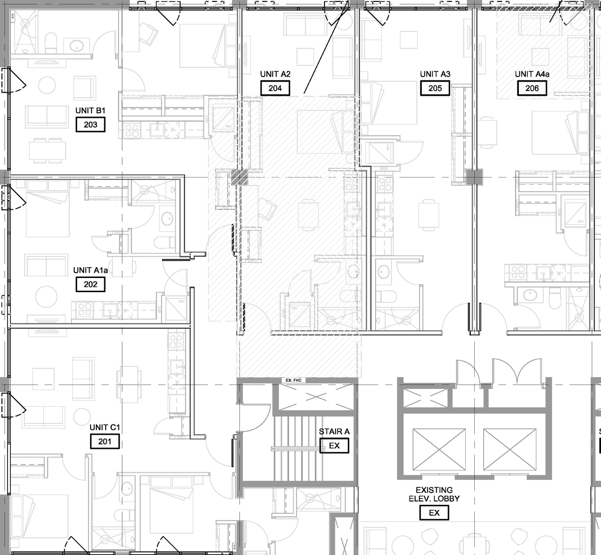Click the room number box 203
click(91, 124)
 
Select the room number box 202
click(91, 284)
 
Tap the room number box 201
click(105, 441)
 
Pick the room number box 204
click(275, 88)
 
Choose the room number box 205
click(435, 88)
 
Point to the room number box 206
click(532, 88)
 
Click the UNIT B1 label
click(91, 111)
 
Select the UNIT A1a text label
click(91, 270)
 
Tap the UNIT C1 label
click(105, 427)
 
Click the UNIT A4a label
click(532, 74)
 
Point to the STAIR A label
click(334, 432)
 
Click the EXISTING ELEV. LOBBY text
click(434, 494)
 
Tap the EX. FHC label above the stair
click(293, 380)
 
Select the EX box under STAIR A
click(334, 446)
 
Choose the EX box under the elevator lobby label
click(434, 513)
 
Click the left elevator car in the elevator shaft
click(439, 449)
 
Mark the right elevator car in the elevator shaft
click(509, 449)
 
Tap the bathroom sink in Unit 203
click(77, 46)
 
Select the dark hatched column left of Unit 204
click(239, 177)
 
